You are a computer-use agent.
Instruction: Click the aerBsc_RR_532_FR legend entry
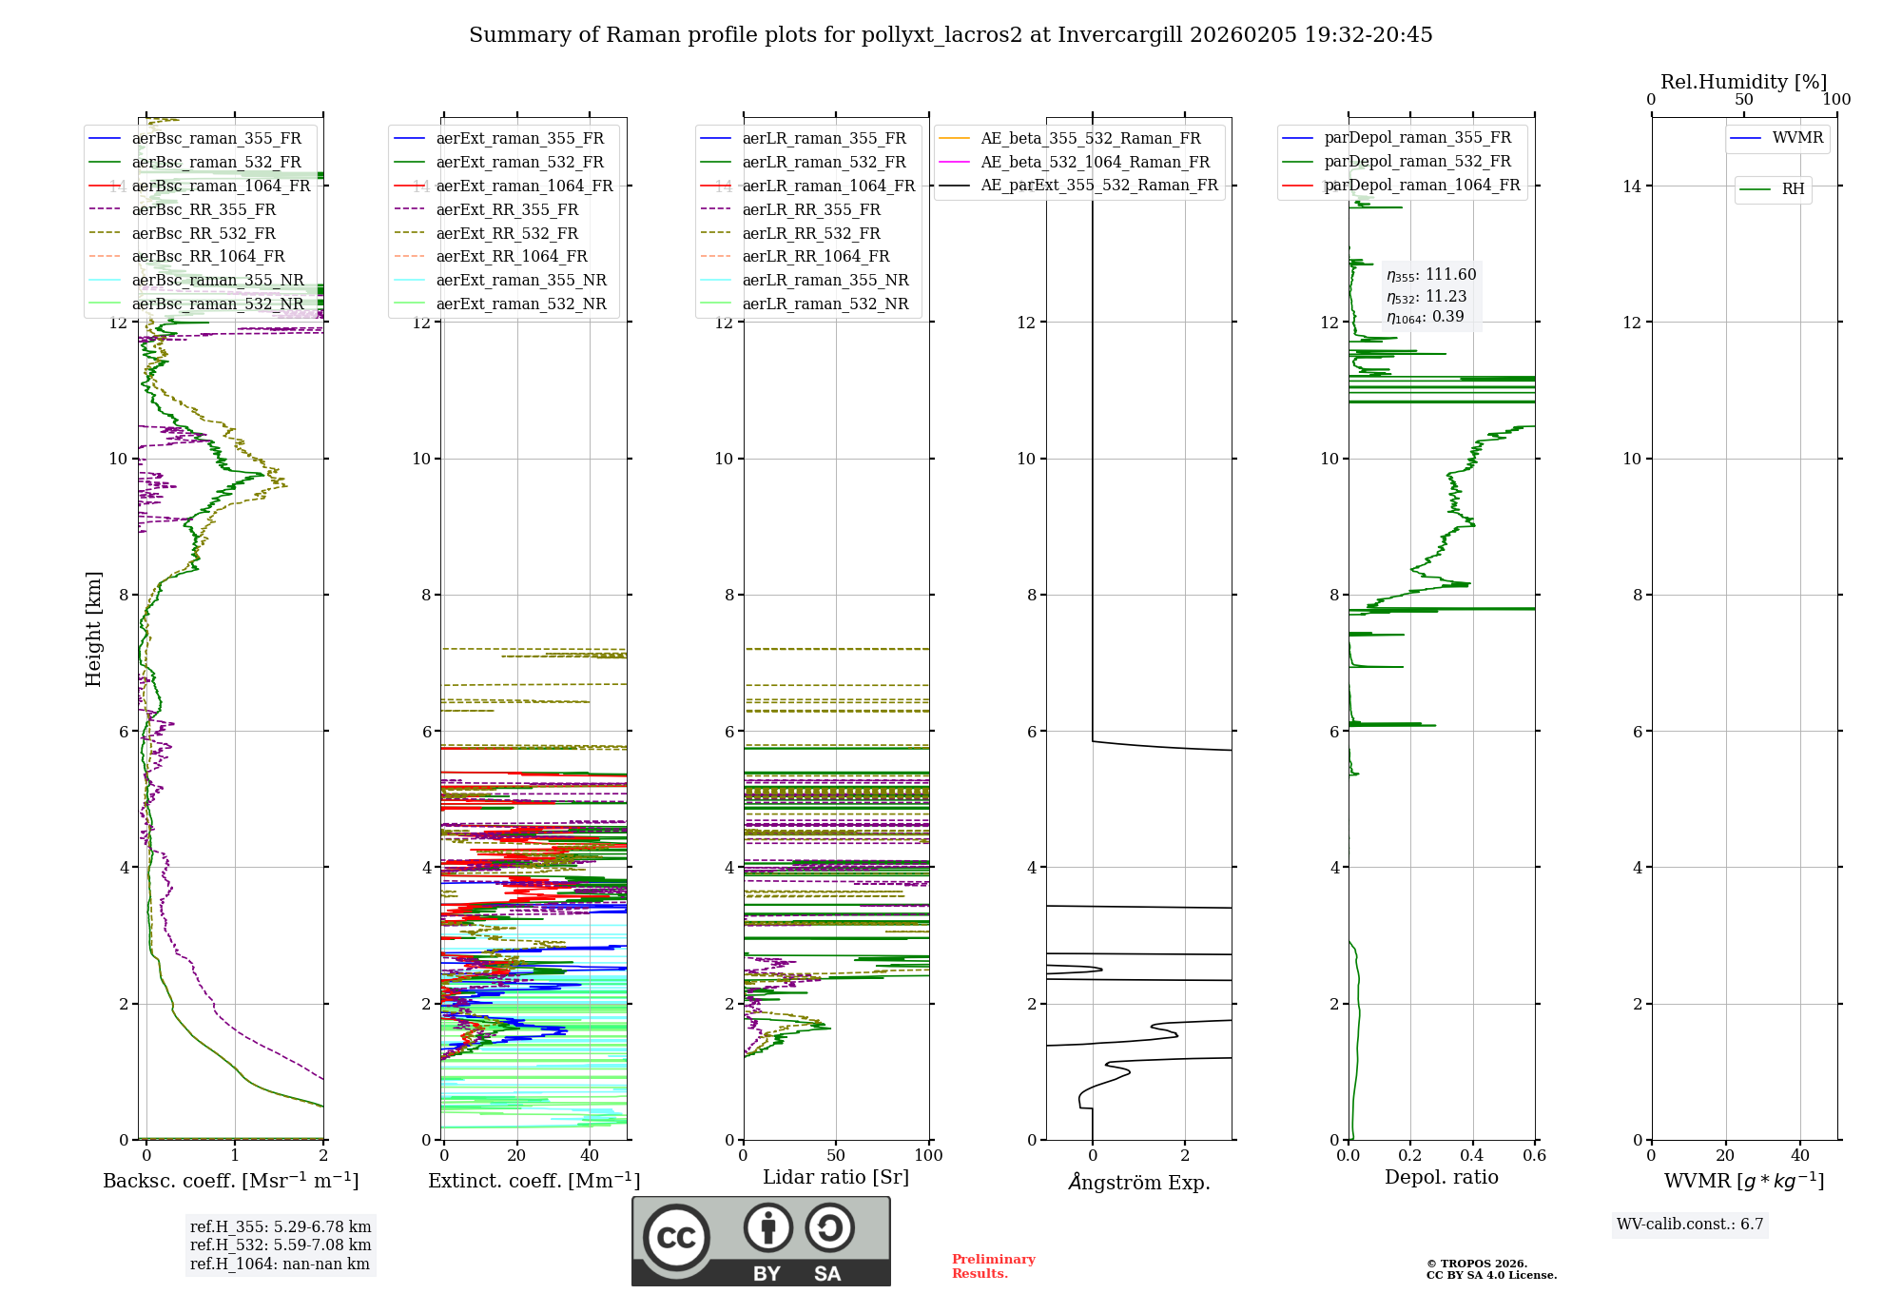coord(204,233)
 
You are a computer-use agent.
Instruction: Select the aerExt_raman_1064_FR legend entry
coord(524,186)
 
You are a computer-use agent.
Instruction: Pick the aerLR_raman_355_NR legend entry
coord(825,281)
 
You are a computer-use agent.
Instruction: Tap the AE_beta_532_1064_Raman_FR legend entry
coord(1095,163)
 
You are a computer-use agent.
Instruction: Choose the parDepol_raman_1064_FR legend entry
coord(1422,186)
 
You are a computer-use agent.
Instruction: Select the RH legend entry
coord(1793,189)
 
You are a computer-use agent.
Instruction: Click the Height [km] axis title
coord(93,628)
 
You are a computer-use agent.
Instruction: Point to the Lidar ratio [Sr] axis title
coord(836,1178)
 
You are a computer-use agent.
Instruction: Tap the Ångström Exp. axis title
coord(1139,1183)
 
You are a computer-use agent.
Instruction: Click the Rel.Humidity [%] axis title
coord(1743,82)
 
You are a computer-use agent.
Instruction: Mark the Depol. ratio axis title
coord(1441,1178)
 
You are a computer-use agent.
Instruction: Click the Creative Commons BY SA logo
coord(761,1241)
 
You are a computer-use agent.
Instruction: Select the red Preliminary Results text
coord(993,1266)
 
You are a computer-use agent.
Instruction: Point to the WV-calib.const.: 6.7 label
coord(1690,1225)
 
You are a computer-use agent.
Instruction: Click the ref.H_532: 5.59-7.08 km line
coord(281,1245)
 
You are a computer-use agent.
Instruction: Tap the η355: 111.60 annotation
coord(1431,275)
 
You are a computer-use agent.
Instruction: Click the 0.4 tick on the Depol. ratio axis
coord(1472,1156)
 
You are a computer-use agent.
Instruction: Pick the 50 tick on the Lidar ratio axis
coord(836,1156)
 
